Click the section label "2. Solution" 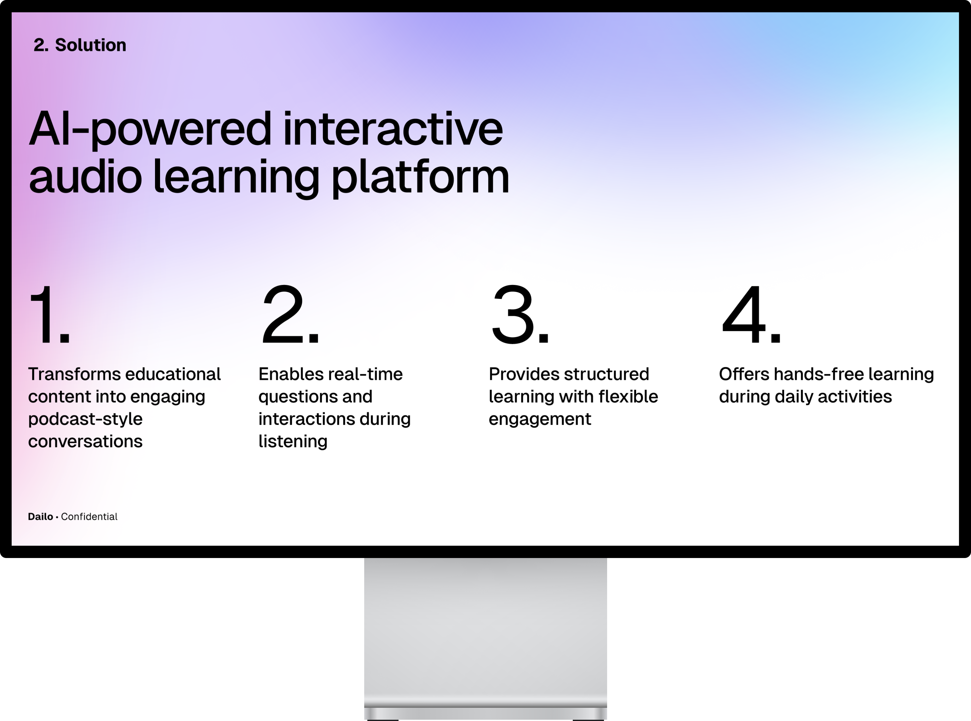(80, 45)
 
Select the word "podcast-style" (85, 419)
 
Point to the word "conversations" (85, 441)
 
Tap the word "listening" (293, 442)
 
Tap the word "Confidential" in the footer (89, 516)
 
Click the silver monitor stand (485, 637)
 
